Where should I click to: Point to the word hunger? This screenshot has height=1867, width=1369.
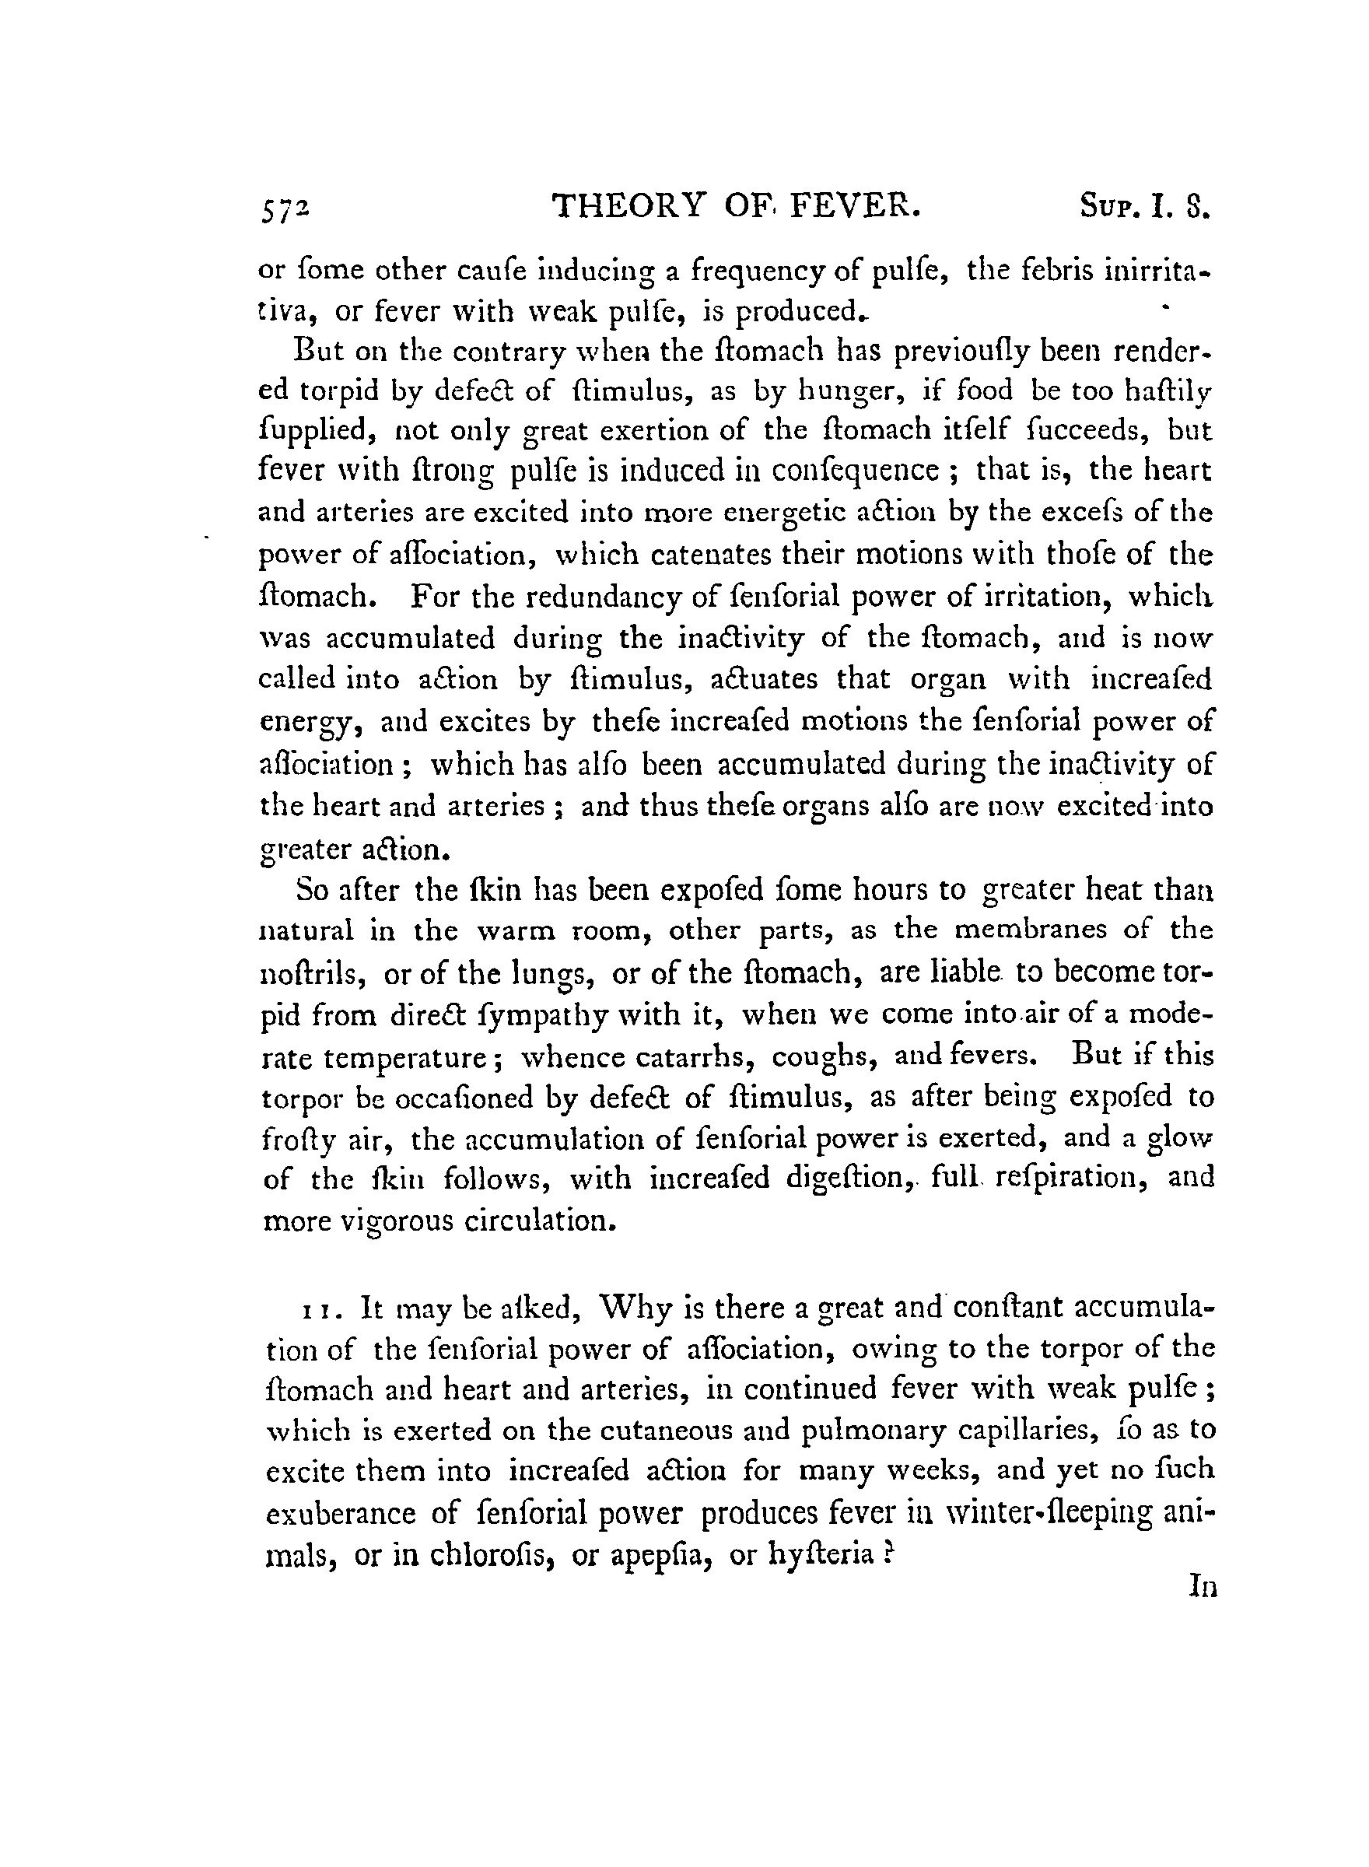click(818, 391)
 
